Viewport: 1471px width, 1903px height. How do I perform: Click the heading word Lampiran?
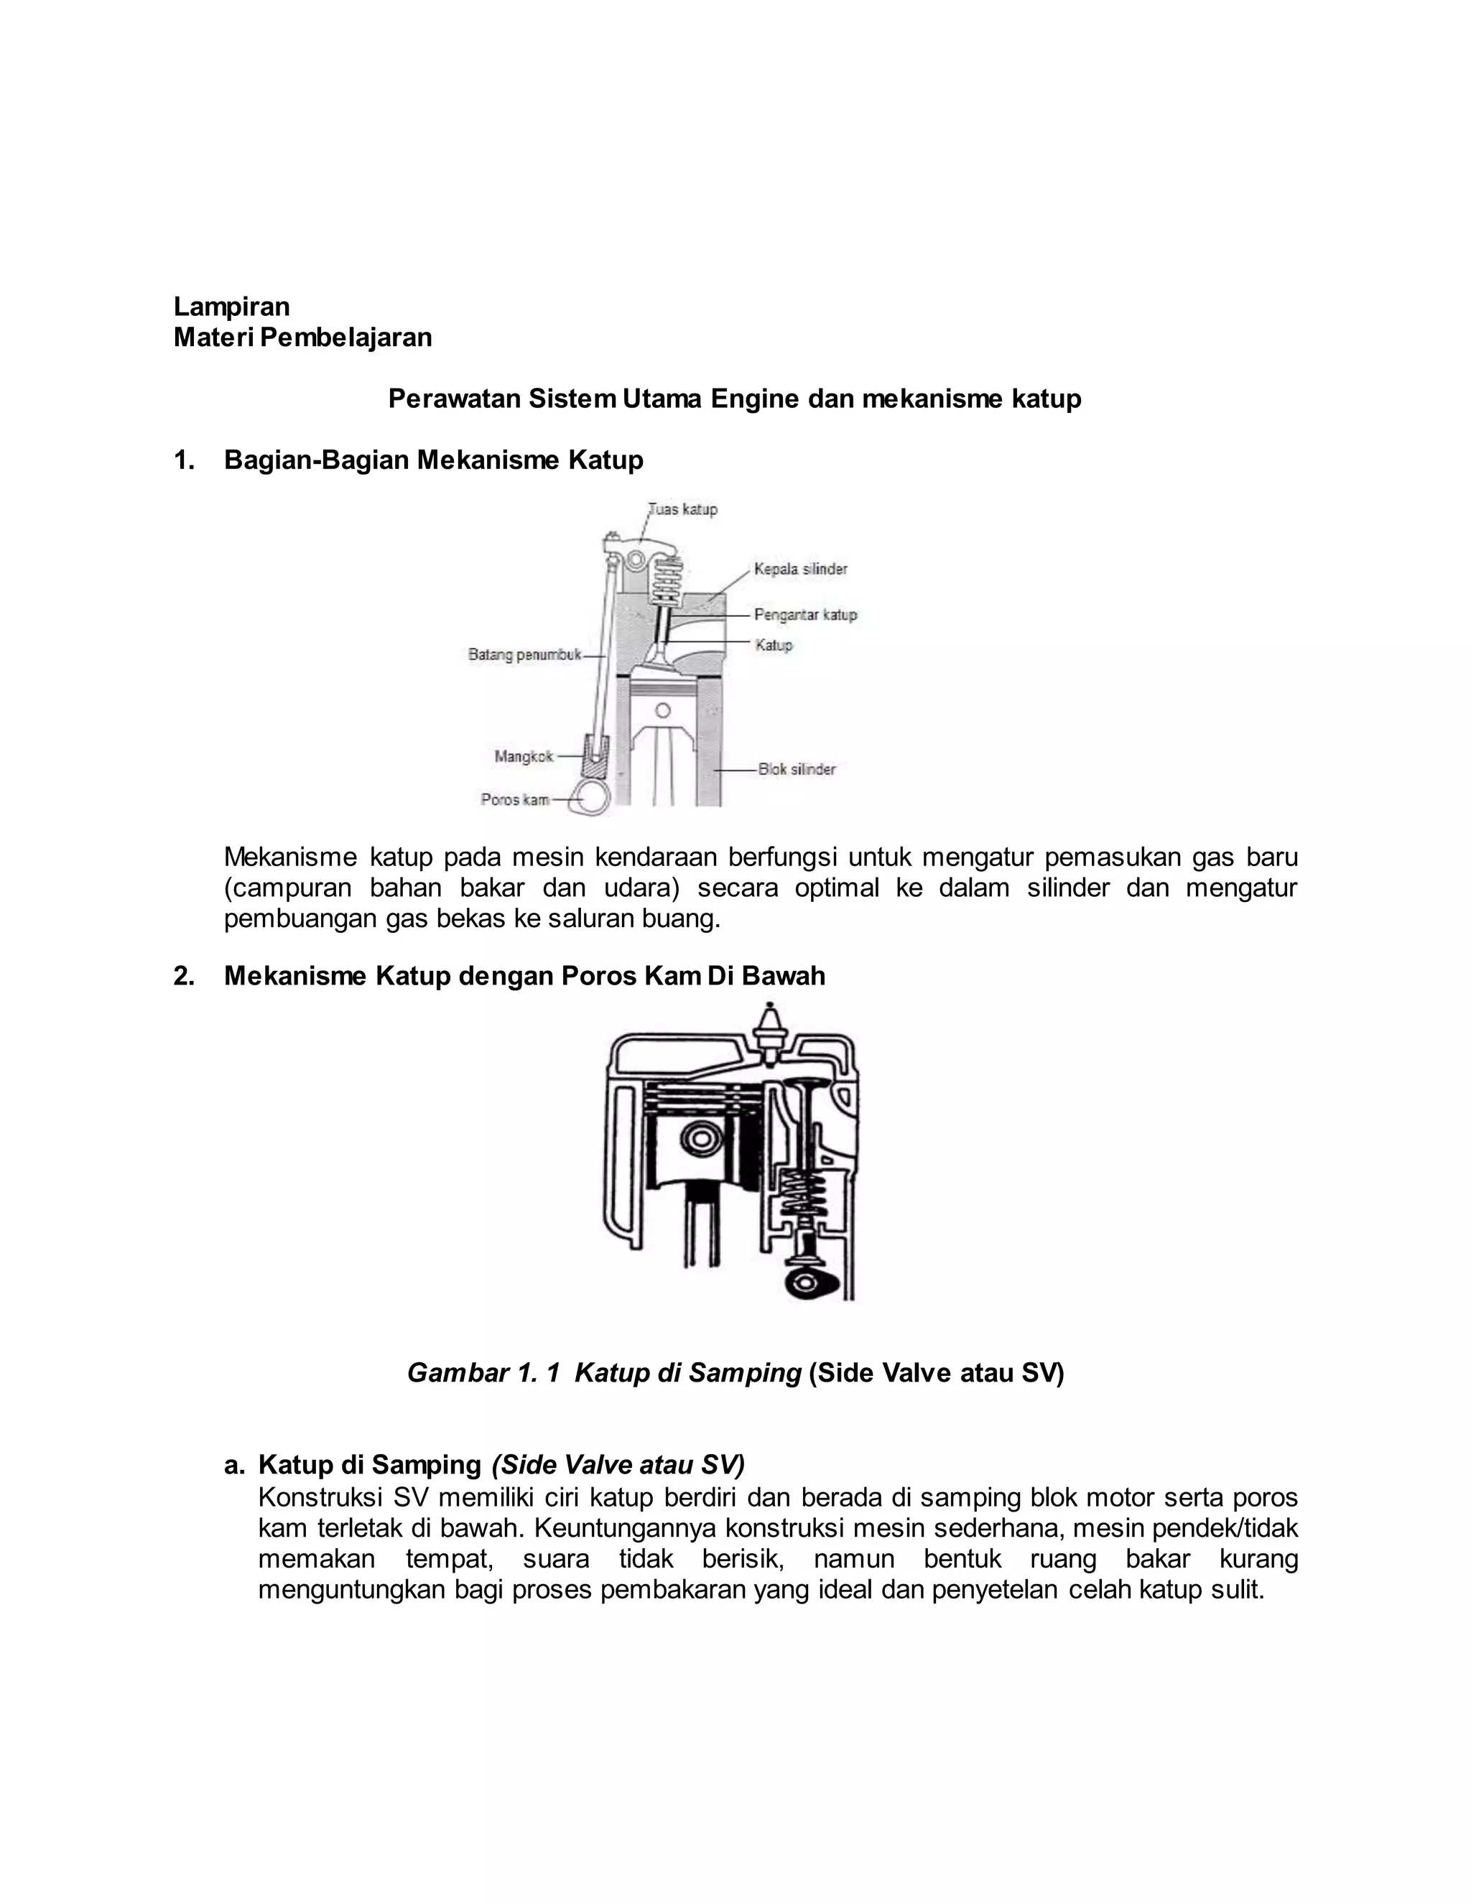(231, 307)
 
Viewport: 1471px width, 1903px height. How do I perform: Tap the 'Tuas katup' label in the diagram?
(683, 509)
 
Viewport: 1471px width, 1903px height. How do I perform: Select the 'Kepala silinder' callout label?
(800, 569)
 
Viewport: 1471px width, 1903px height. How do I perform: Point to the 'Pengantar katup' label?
(805, 615)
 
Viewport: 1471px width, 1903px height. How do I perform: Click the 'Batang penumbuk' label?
(524, 654)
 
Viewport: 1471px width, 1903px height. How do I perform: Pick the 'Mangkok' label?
(523, 756)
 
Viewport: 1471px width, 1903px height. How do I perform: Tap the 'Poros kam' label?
(514, 799)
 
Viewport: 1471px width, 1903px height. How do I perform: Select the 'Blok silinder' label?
(797, 769)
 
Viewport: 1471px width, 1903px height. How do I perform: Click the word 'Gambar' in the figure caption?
(455, 1373)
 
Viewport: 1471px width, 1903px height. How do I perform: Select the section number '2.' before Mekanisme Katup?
(184, 976)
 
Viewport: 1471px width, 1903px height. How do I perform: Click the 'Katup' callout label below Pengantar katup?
(773, 646)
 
